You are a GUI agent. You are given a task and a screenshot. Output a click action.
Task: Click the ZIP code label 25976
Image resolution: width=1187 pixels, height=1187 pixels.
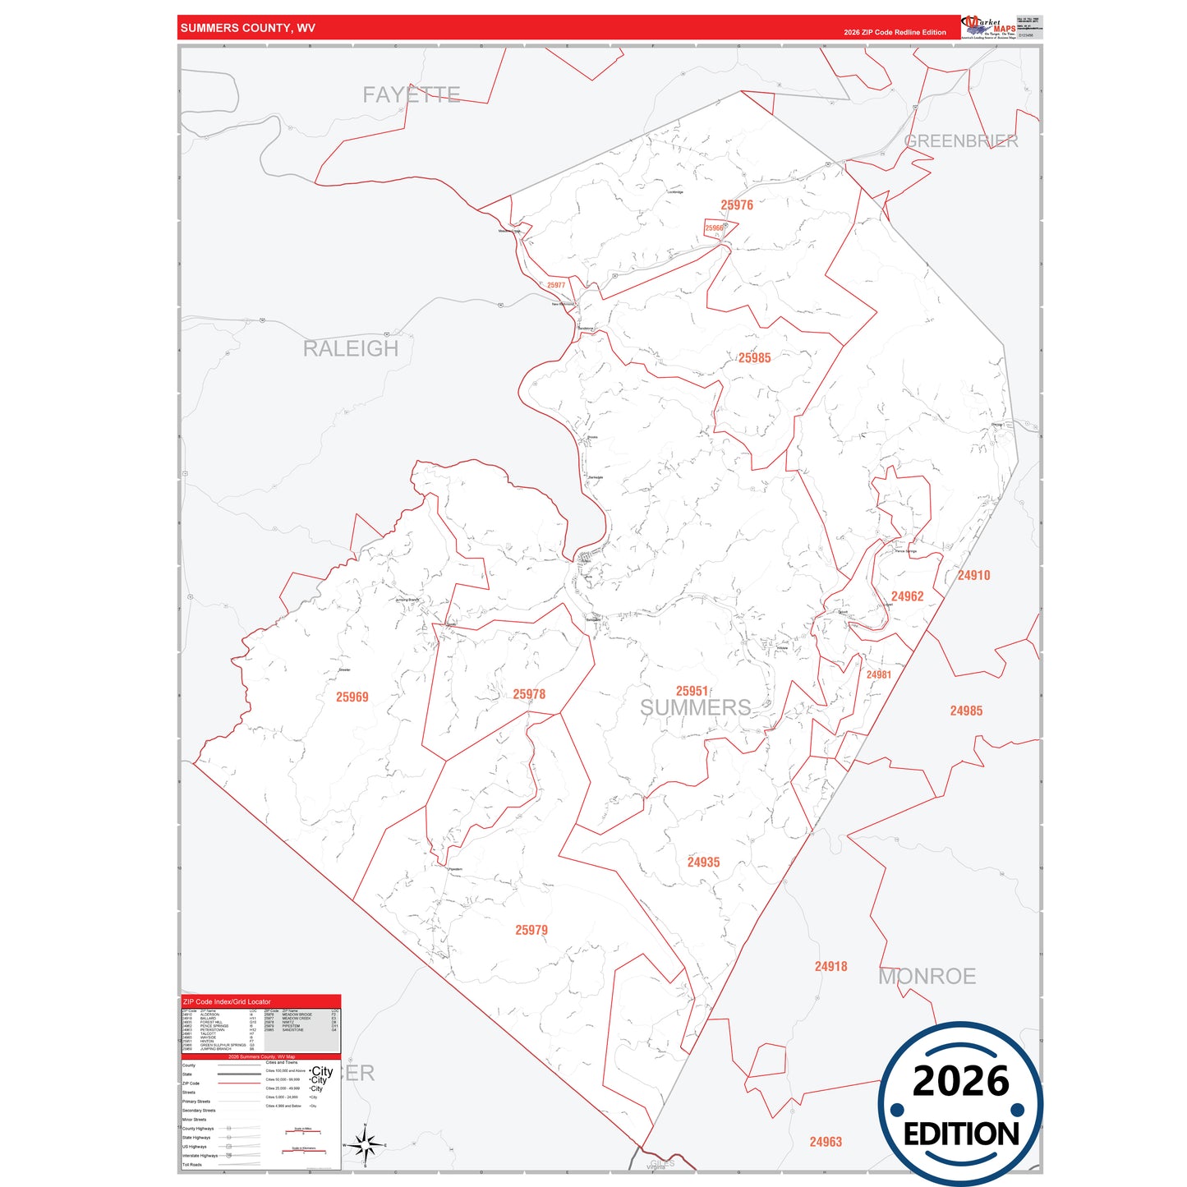pos(736,205)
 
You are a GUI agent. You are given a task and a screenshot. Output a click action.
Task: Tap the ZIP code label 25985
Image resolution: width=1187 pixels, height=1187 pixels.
pos(754,358)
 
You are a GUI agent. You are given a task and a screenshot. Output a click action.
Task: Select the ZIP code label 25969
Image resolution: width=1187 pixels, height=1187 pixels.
pos(352,697)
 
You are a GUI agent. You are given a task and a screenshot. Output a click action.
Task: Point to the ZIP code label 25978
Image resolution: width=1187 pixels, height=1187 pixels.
pos(529,695)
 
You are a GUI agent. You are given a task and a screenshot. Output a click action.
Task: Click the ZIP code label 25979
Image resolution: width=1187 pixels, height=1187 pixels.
pos(531,931)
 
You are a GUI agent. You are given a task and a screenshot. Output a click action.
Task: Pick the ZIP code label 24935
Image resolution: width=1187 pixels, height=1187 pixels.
pos(703,863)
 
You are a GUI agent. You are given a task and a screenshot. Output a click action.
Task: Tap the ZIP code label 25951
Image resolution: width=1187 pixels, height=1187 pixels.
pos(692,692)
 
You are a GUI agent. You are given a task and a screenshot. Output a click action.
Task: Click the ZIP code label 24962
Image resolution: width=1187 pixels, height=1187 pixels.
pos(907,597)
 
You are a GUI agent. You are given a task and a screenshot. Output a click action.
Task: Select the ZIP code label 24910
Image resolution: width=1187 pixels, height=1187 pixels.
pos(973,576)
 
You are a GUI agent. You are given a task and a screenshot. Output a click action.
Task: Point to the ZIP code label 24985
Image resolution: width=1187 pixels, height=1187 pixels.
pos(966,711)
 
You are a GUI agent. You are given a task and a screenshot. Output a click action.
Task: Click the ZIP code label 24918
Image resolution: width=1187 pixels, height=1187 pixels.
pos(830,967)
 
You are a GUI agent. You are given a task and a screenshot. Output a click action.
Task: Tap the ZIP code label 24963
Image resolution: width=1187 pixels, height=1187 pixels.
pos(826,1142)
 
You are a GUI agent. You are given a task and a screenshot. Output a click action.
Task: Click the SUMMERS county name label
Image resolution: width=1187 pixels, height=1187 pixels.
pos(695,708)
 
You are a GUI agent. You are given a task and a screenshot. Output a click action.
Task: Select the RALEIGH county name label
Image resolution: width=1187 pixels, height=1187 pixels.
pos(351,349)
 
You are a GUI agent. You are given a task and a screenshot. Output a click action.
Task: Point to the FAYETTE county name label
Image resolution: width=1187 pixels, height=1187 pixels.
pos(412,95)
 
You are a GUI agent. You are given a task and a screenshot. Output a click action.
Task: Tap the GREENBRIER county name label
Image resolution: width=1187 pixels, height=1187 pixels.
pos(960,141)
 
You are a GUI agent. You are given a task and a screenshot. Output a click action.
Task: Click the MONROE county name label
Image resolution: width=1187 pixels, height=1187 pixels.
pos(927,977)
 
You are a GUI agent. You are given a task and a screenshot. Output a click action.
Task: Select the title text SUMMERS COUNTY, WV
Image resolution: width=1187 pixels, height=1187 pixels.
pos(247,28)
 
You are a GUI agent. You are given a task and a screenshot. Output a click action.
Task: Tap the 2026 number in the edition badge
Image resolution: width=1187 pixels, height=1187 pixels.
pos(960,1082)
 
